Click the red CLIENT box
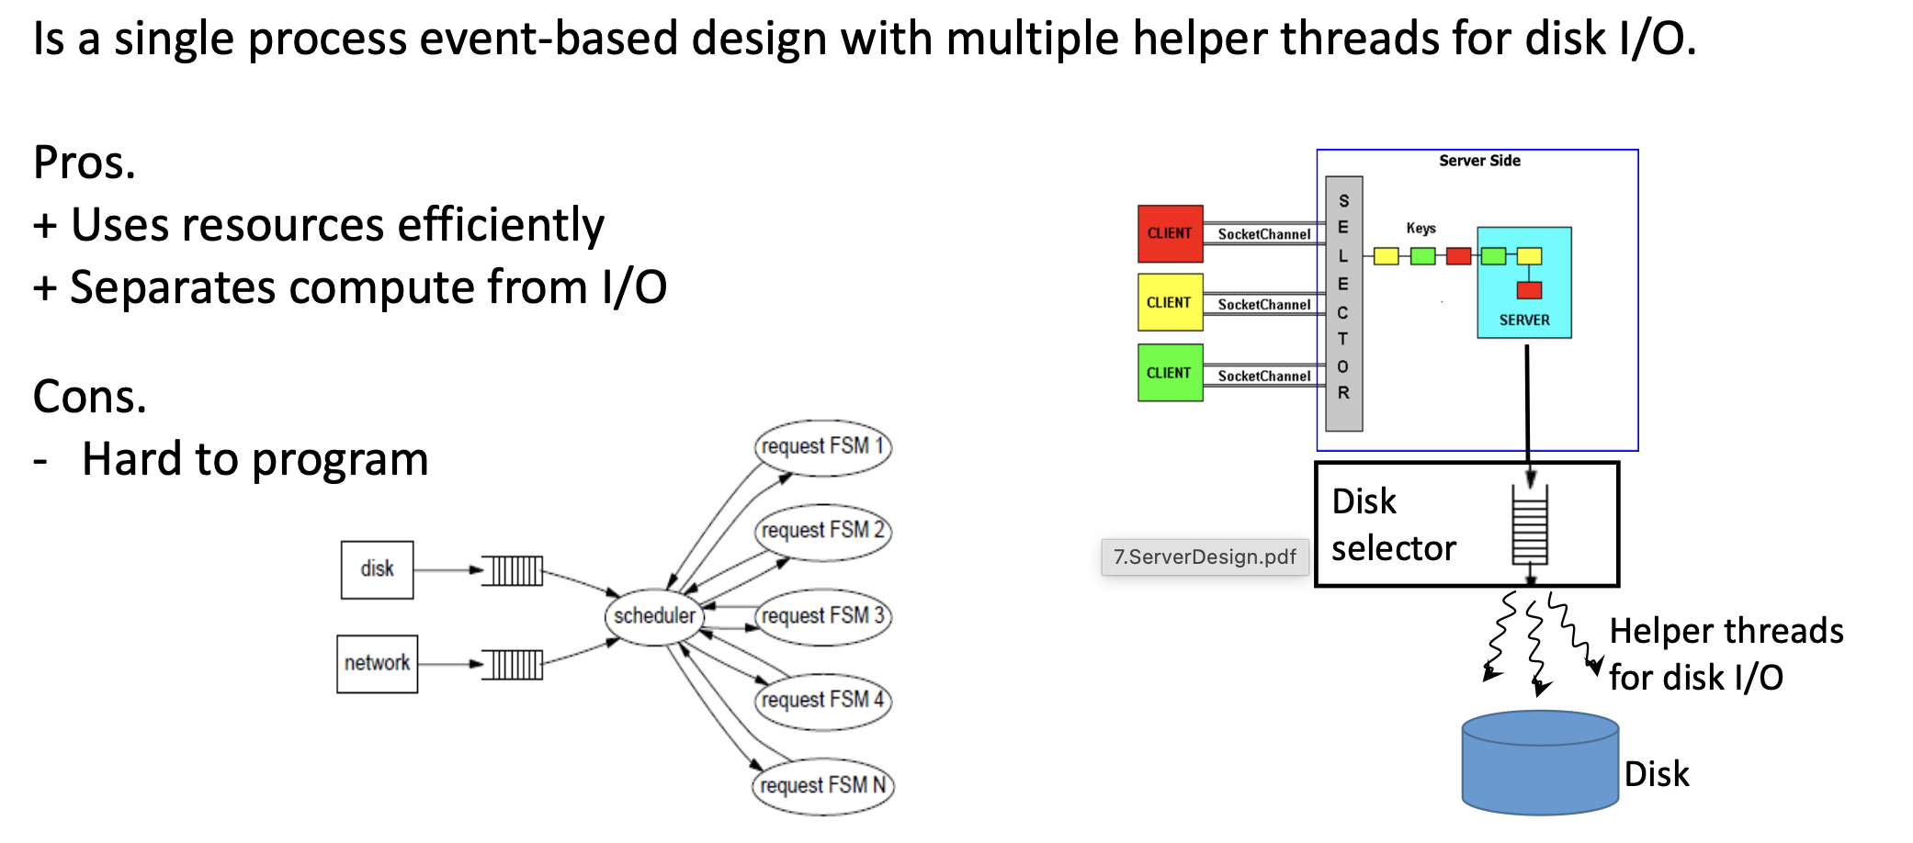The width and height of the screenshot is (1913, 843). coord(1170,233)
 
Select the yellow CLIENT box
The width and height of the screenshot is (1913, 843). coord(1170,302)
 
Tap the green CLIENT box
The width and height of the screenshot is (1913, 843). coord(1170,373)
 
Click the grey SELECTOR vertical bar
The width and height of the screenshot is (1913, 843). coord(1343,303)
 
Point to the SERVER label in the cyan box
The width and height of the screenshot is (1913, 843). coord(1524,320)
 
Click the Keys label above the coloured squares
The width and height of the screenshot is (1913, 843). coord(1421,228)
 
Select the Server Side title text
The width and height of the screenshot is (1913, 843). coord(1479,161)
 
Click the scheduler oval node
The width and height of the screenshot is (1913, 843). coord(654,616)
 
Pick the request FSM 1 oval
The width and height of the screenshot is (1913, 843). coord(822,447)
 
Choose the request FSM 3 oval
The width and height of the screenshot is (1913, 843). coord(822,616)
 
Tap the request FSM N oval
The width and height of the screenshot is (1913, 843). coord(822,786)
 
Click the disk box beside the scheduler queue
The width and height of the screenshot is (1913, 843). coord(377,569)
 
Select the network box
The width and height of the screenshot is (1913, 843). coord(377,663)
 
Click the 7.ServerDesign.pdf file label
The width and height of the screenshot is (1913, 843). coord(1205,556)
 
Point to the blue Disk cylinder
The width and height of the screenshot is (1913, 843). coord(1540,763)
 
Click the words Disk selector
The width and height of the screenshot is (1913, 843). coord(1393,525)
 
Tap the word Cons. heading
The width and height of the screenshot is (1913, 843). coord(90,398)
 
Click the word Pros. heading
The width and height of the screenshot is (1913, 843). coord(85,163)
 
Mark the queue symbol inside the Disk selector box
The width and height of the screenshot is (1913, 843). coord(1530,525)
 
